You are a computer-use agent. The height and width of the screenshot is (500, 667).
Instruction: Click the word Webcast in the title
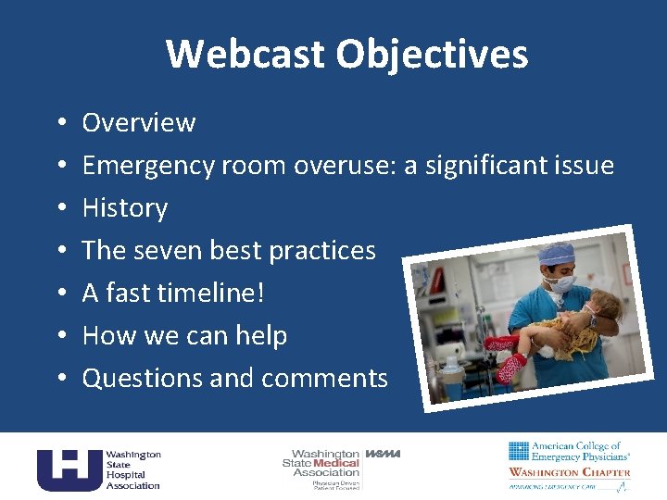coord(246,54)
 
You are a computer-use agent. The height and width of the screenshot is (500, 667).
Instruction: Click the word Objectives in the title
coord(433,54)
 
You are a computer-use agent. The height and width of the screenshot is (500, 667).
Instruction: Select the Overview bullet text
coord(139,123)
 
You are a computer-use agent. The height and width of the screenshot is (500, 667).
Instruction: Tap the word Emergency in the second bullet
coord(148,166)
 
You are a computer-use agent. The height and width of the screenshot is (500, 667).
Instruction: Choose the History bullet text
coord(125,208)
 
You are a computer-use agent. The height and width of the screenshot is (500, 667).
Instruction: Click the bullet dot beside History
coord(59,208)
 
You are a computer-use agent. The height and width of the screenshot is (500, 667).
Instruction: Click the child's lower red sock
coord(510,368)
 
